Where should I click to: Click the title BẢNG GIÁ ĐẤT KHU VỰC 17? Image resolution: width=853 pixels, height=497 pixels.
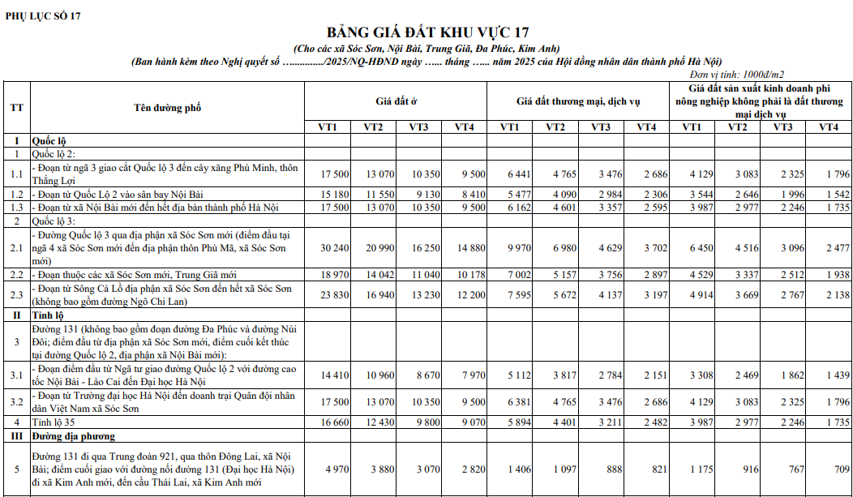(427, 32)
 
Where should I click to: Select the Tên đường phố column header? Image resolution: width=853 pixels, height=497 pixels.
(167, 108)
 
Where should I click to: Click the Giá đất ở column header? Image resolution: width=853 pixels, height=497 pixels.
(396, 101)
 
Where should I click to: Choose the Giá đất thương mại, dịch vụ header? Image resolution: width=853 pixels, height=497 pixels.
(578, 101)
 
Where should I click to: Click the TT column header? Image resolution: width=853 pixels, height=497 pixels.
(16, 108)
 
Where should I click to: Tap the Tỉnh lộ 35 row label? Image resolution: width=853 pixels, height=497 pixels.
(54, 422)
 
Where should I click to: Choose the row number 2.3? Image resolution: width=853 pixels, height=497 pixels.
(16, 294)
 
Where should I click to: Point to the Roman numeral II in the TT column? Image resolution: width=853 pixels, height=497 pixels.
(16, 314)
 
